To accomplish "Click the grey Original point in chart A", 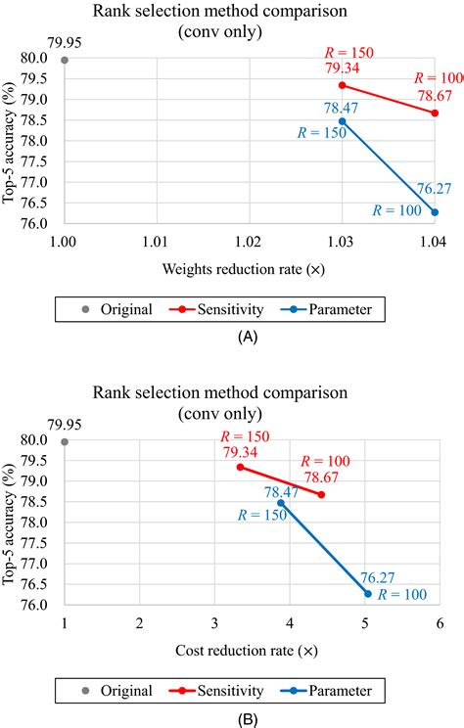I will pos(65,60).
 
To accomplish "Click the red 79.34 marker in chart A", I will pos(343,85).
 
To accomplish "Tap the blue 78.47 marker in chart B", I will pos(281,503).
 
